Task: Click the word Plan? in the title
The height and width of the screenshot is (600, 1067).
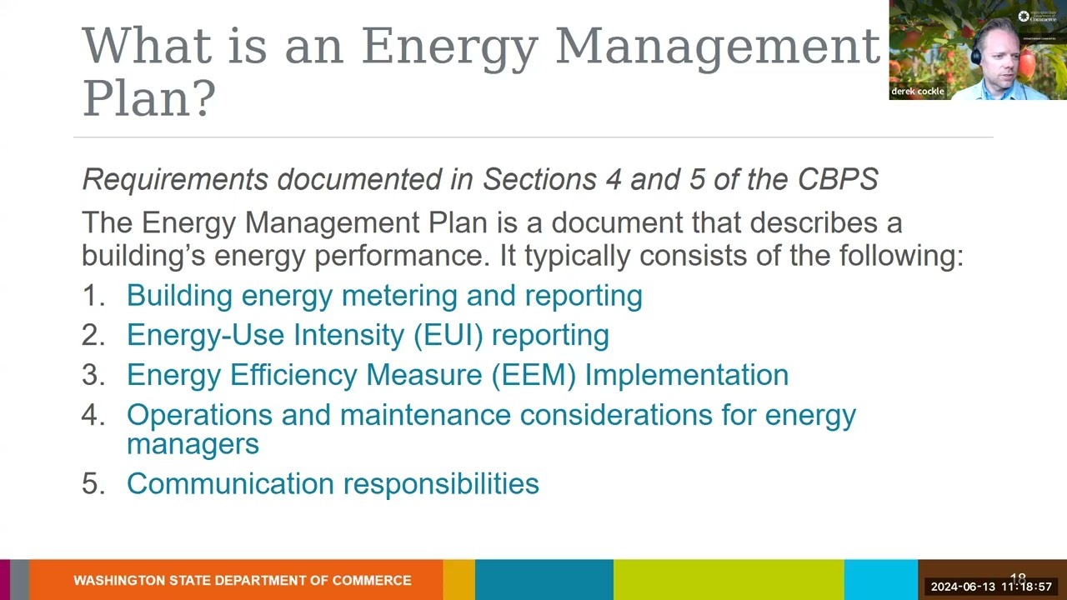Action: (x=148, y=98)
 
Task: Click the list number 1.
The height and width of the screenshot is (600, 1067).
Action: (x=91, y=296)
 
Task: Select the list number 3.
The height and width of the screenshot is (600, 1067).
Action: (x=92, y=375)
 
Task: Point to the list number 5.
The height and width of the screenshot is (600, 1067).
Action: (x=92, y=483)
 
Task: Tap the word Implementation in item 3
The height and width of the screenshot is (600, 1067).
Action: (x=686, y=375)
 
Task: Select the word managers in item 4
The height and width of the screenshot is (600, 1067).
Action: (x=193, y=444)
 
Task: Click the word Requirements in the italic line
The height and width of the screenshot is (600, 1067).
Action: (x=175, y=179)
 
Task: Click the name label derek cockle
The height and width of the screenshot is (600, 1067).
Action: (x=918, y=92)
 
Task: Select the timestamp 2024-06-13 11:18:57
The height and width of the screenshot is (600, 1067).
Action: (x=991, y=587)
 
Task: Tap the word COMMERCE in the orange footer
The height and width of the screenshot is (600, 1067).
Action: (x=372, y=580)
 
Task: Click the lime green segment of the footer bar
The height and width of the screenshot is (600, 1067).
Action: (x=728, y=580)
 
